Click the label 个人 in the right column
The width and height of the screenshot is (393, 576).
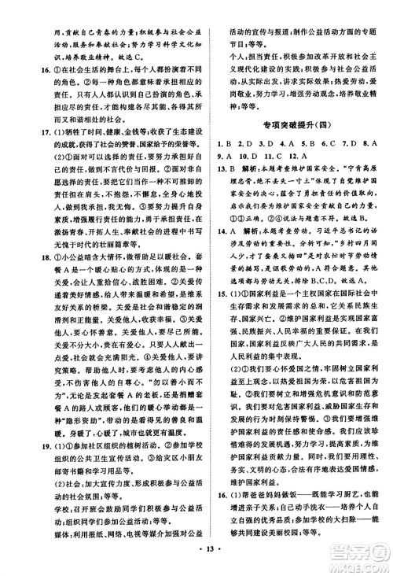click(x=225, y=46)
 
